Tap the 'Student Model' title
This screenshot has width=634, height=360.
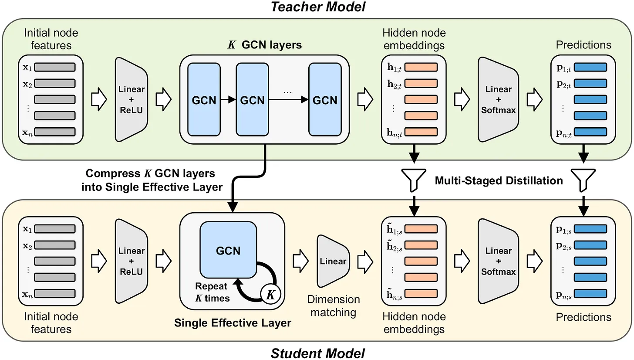[x=317, y=352]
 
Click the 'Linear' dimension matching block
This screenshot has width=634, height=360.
[x=333, y=262]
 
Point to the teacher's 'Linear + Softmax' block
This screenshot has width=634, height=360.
[x=498, y=100]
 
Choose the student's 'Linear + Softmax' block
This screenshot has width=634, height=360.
[x=498, y=262]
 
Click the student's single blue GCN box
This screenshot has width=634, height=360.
[x=228, y=251]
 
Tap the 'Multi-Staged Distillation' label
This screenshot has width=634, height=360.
[x=499, y=180]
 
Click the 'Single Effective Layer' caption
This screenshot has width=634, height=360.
[x=233, y=323]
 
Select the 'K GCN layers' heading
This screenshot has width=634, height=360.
[x=264, y=45]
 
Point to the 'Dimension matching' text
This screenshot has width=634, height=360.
[x=334, y=306]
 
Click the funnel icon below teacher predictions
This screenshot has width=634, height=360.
[x=583, y=178]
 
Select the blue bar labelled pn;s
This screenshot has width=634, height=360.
[x=590, y=293]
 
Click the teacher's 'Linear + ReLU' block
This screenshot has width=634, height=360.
[x=131, y=100]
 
